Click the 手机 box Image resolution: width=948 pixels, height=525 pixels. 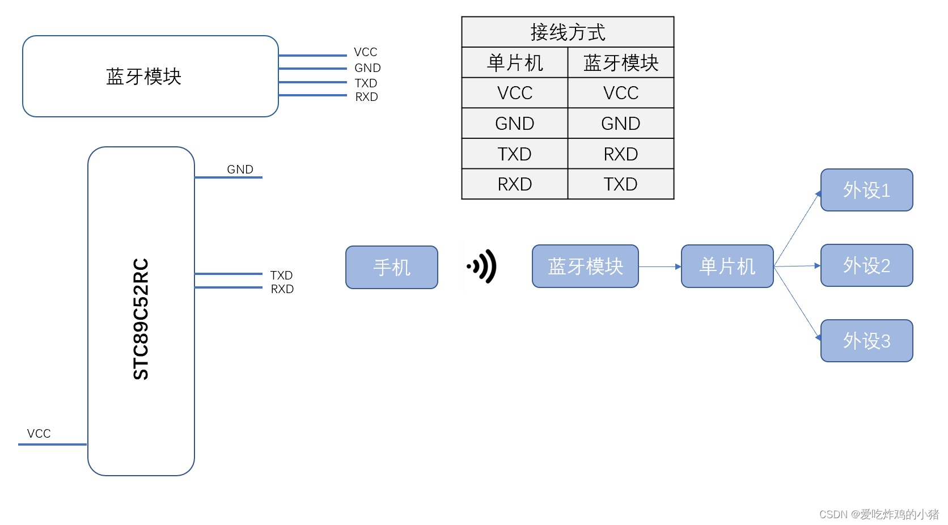tap(391, 267)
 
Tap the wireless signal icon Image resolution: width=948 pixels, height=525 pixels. tap(482, 266)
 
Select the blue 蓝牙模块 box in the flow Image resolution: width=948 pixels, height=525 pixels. tap(585, 266)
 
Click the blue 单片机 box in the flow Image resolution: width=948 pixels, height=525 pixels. tap(727, 266)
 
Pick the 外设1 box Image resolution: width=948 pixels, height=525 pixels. tap(866, 190)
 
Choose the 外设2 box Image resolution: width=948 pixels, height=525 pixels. tap(866, 265)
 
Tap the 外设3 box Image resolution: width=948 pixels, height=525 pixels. tap(866, 341)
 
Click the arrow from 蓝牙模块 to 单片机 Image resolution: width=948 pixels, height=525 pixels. tap(659, 266)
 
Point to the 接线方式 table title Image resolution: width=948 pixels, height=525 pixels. tap(568, 32)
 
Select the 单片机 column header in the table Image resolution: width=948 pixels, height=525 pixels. tap(514, 63)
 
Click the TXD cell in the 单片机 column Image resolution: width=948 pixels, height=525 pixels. tap(514, 154)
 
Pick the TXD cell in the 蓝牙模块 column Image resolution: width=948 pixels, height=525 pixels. tap(620, 184)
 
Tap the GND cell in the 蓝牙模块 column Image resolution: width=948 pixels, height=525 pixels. tap(620, 124)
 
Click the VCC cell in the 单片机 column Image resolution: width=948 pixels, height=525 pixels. tap(514, 93)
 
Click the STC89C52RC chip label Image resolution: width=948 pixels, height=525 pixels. tap(141, 319)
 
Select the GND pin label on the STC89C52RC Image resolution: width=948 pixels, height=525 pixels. tap(240, 170)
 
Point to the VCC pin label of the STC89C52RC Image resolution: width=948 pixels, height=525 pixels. tap(39, 434)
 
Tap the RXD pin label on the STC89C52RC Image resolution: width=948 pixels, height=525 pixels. tap(282, 289)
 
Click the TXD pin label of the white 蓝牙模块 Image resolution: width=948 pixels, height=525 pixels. tap(366, 83)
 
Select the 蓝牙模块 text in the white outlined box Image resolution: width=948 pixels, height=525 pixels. tap(143, 77)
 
